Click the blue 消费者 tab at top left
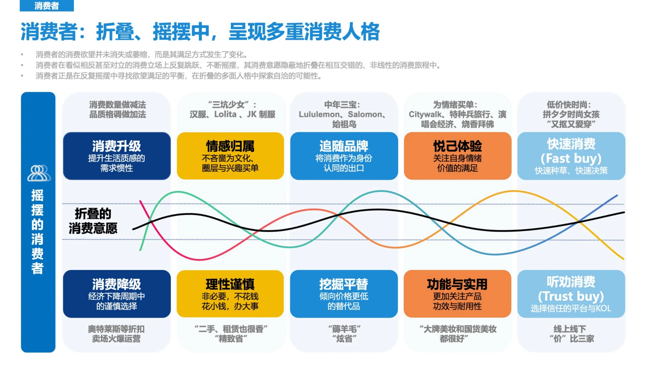click(x=47, y=6)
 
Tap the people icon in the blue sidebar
click(x=39, y=173)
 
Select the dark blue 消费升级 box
click(x=117, y=156)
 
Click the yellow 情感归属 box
click(x=230, y=156)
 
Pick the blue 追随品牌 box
click(x=344, y=156)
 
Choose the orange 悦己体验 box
click(x=457, y=156)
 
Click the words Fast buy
click(x=571, y=158)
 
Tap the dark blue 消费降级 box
click(x=117, y=294)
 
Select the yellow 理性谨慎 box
click(x=230, y=294)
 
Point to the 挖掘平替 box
click(x=344, y=294)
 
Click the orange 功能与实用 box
click(x=457, y=294)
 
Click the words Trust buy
click(x=571, y=296)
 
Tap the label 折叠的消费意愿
click(x=93, y=221)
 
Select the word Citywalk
click(x=425, y=115)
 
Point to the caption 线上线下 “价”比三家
click(x=571, y=334)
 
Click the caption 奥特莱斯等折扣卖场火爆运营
click(x=116, y=334)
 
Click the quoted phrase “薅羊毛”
click(x=344, y=329)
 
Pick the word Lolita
click(x=225, y=115)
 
